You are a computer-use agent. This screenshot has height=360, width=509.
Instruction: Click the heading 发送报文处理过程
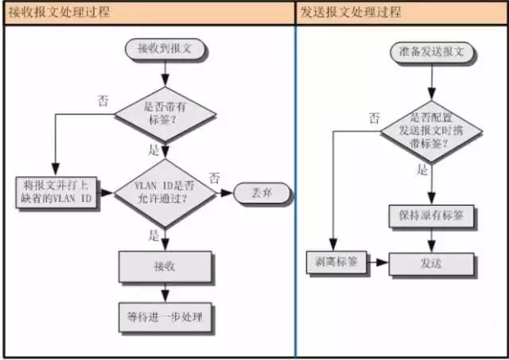(x=351, y=14)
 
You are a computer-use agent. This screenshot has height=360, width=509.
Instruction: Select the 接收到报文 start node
(x=165, y=48)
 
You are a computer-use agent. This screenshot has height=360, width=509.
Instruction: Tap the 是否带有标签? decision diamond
(x=165, y=114)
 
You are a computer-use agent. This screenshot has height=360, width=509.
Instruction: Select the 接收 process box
(x=165, y=265)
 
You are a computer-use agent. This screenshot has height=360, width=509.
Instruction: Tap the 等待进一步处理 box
(x=165, y=318)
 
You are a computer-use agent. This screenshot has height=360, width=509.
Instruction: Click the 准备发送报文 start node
(x=432, y=52)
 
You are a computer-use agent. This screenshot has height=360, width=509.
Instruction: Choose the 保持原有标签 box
(x=432, y=215)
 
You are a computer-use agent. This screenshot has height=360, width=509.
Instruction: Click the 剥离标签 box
(x=337, y=261)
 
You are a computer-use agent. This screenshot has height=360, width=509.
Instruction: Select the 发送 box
(x=432, y=261)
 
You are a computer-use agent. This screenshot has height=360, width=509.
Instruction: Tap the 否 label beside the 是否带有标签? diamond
(x=104, y=101)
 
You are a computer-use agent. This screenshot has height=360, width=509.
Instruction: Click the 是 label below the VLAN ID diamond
(x=154, y=234)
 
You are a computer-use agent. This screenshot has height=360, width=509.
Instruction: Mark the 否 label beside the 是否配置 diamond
(x=374, y=117)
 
